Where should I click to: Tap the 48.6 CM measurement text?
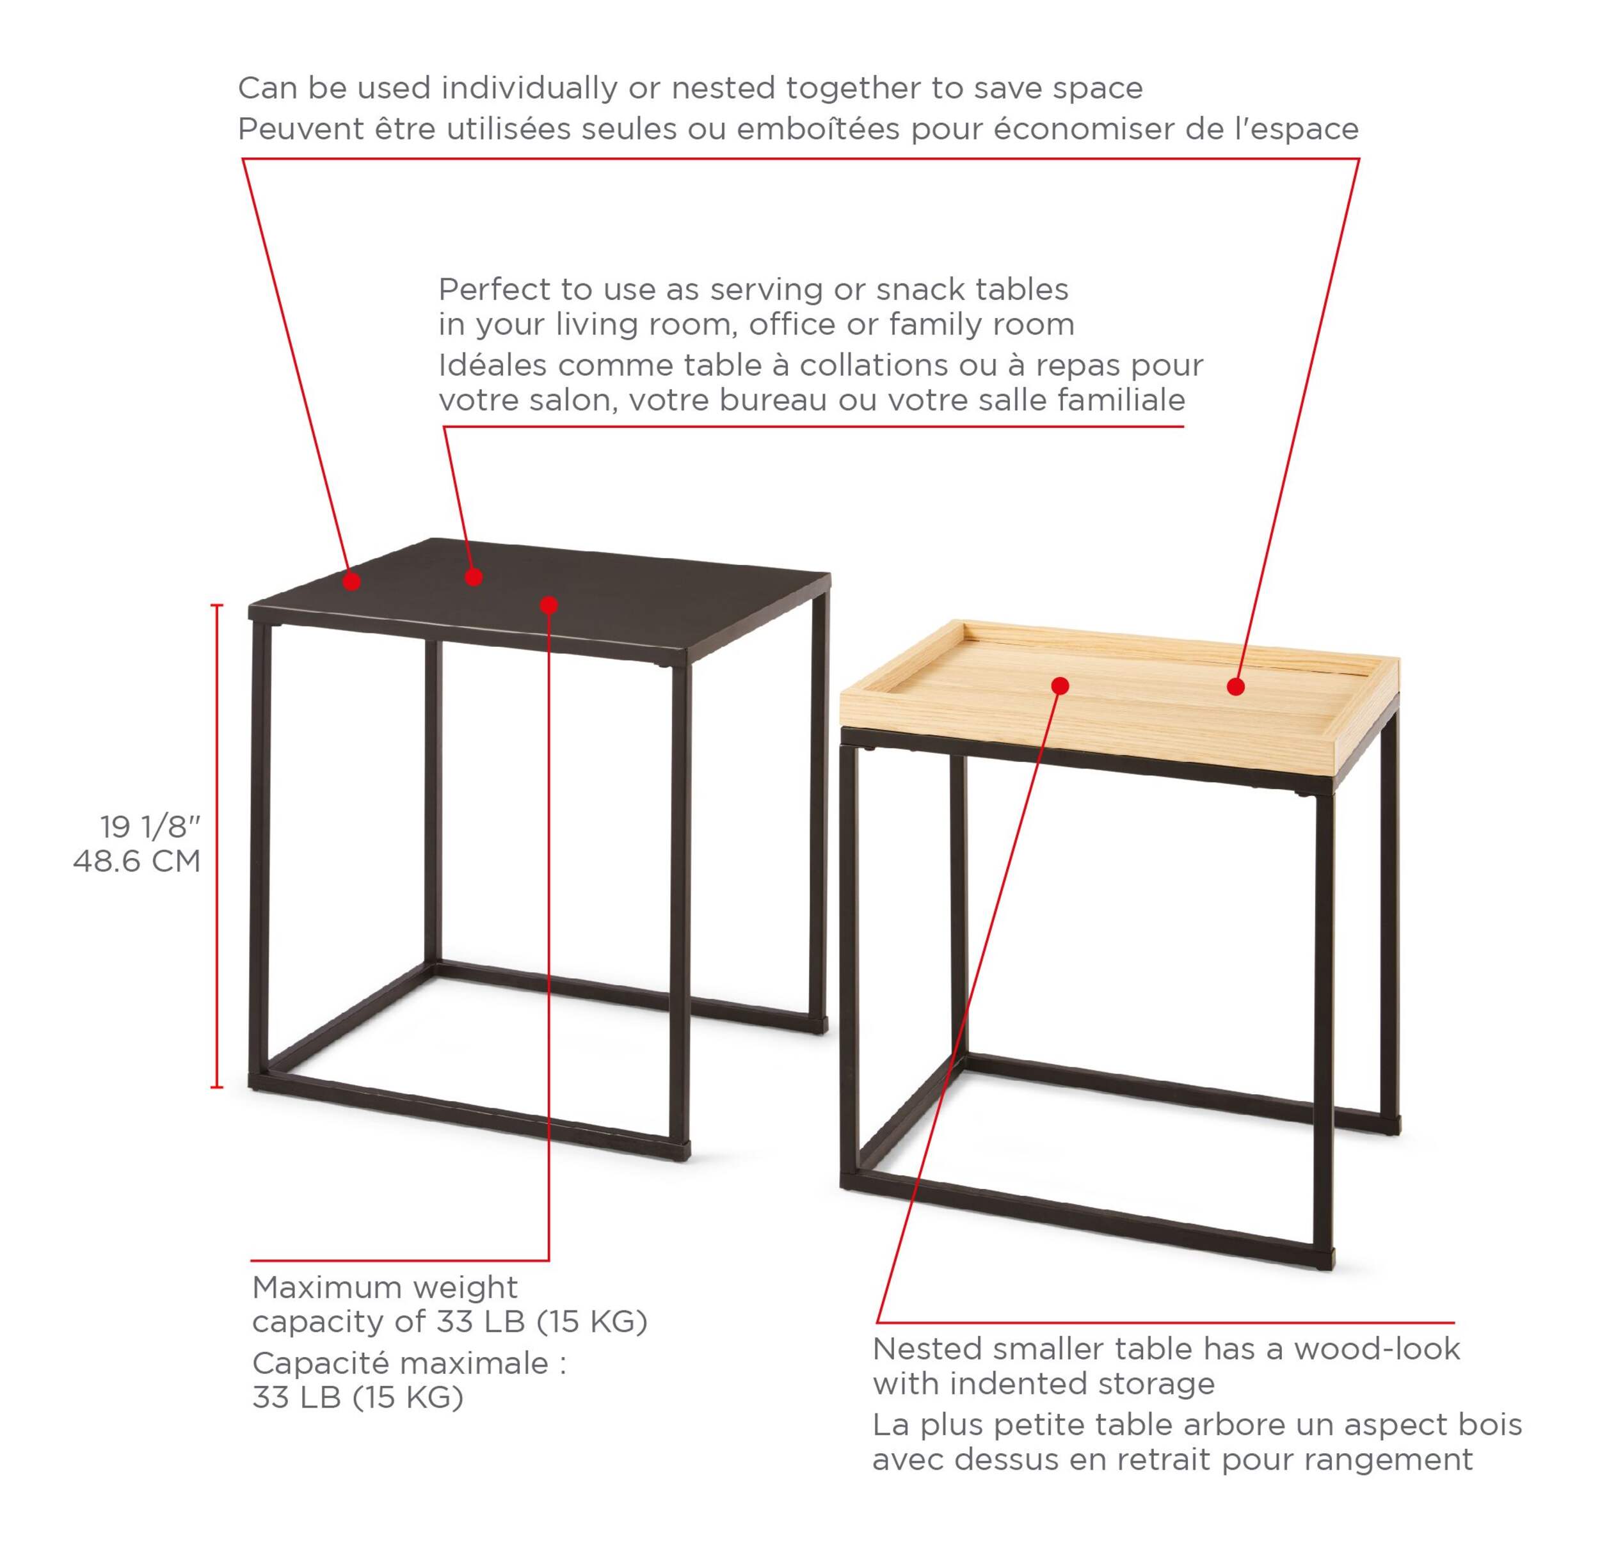(x=137, y=861)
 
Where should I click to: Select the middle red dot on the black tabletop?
(x=474, y=577)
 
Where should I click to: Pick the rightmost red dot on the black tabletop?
(x=548, y=605)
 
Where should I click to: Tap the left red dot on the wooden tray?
(x=1060, y=686)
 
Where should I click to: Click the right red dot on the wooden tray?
(x=1236, y=687)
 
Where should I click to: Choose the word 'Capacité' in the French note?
(x=319, y=1364)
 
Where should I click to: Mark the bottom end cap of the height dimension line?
(x=217, y=1086)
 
